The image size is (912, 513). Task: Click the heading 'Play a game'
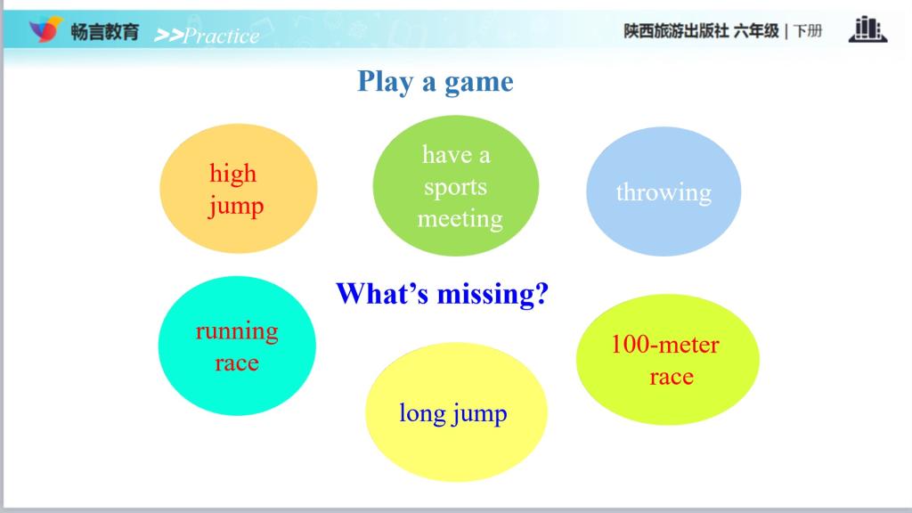tap(435, 82)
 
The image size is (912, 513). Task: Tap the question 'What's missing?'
tap(442, 294)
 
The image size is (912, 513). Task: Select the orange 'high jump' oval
tap(239, 189)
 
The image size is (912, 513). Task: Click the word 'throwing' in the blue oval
tap(664, 193)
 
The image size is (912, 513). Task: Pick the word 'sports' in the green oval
tap(455, 188)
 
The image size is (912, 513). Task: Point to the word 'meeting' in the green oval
tap(460, 219)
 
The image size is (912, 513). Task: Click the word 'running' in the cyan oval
tap(237, 331)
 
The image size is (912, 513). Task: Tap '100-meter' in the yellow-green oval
tap(664, 345)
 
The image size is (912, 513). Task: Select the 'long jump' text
tap(453, 414)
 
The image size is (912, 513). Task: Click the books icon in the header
tap(867, 29)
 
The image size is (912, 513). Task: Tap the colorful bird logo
tap(45, 29)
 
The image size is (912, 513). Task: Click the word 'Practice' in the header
tap(222, 36)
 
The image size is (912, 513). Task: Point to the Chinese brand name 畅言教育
tap(105, 31)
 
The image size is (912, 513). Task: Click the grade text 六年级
tap(756, 31)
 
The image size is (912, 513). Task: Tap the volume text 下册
tap(807, 31)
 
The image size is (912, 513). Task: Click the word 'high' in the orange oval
tap(232, 174)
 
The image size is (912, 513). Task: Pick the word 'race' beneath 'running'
tap(237, 363)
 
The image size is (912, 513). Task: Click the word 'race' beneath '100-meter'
tap(672, 378)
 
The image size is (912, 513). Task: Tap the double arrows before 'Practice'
tap(168, 36)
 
